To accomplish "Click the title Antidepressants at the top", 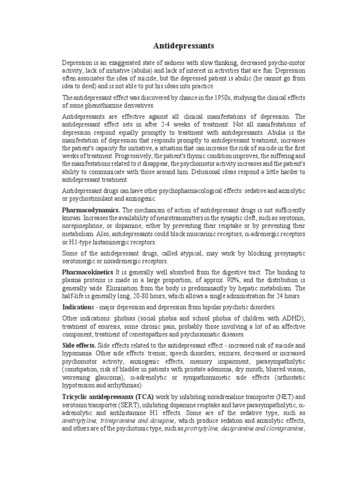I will coord(184,45).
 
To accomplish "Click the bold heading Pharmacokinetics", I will coord(88,272).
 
